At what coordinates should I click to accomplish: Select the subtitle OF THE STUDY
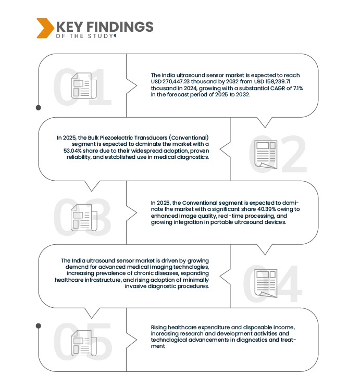coord(83,36)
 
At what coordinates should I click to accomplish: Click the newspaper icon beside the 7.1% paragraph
coord(83,86)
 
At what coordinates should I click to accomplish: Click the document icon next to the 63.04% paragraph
coord(266,154)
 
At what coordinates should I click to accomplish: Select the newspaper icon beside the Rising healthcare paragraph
coord(83,342)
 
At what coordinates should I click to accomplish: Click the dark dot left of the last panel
coord(38,326)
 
